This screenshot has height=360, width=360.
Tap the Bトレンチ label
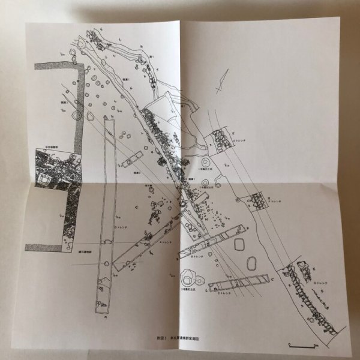click(193, 256)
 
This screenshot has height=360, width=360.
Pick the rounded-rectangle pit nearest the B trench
click(239, 246)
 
